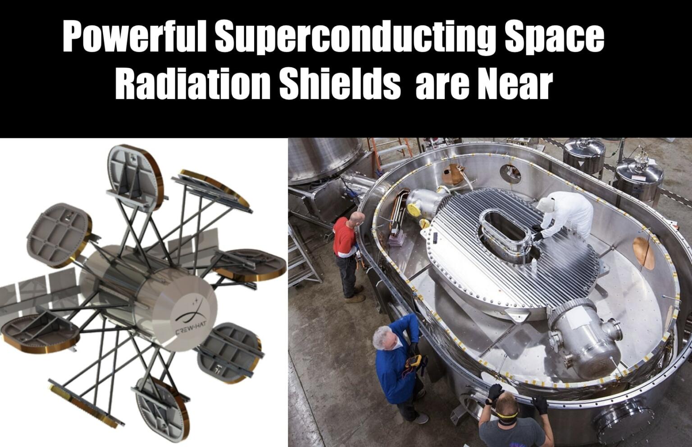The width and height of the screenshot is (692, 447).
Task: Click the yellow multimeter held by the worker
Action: tap(412, 361)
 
